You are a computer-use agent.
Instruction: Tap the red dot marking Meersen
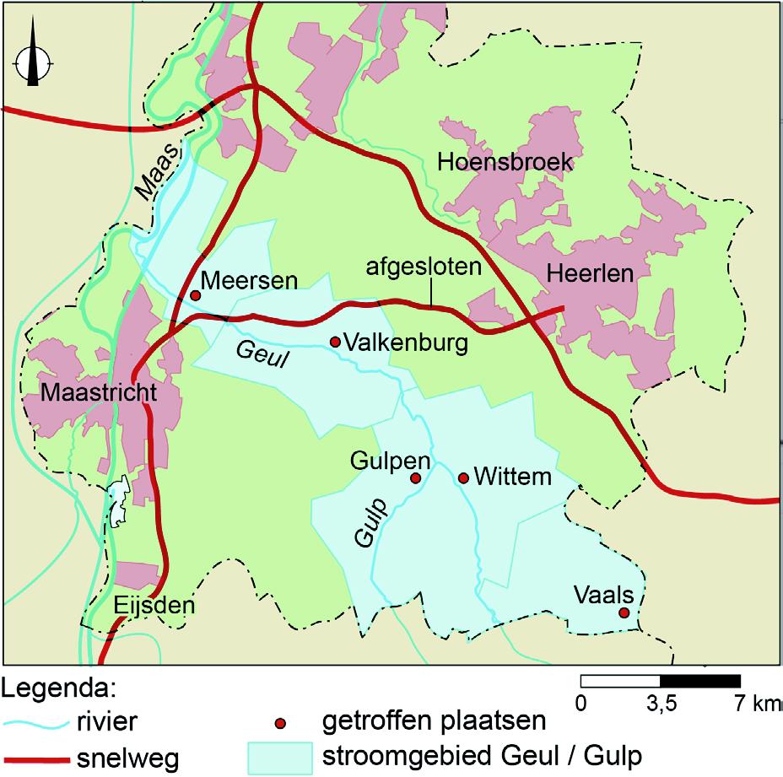[x=195, y=295]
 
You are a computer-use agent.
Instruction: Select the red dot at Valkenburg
[x=335, y=342]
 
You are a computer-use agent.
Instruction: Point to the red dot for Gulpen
[x=415, y=478]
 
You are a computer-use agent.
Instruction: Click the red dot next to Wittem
[x=463, y=478]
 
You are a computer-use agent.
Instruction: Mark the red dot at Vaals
[x=624, y=612]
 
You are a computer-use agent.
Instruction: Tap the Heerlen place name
[x=590, y=273]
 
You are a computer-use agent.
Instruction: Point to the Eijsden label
[x=154, y=606]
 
